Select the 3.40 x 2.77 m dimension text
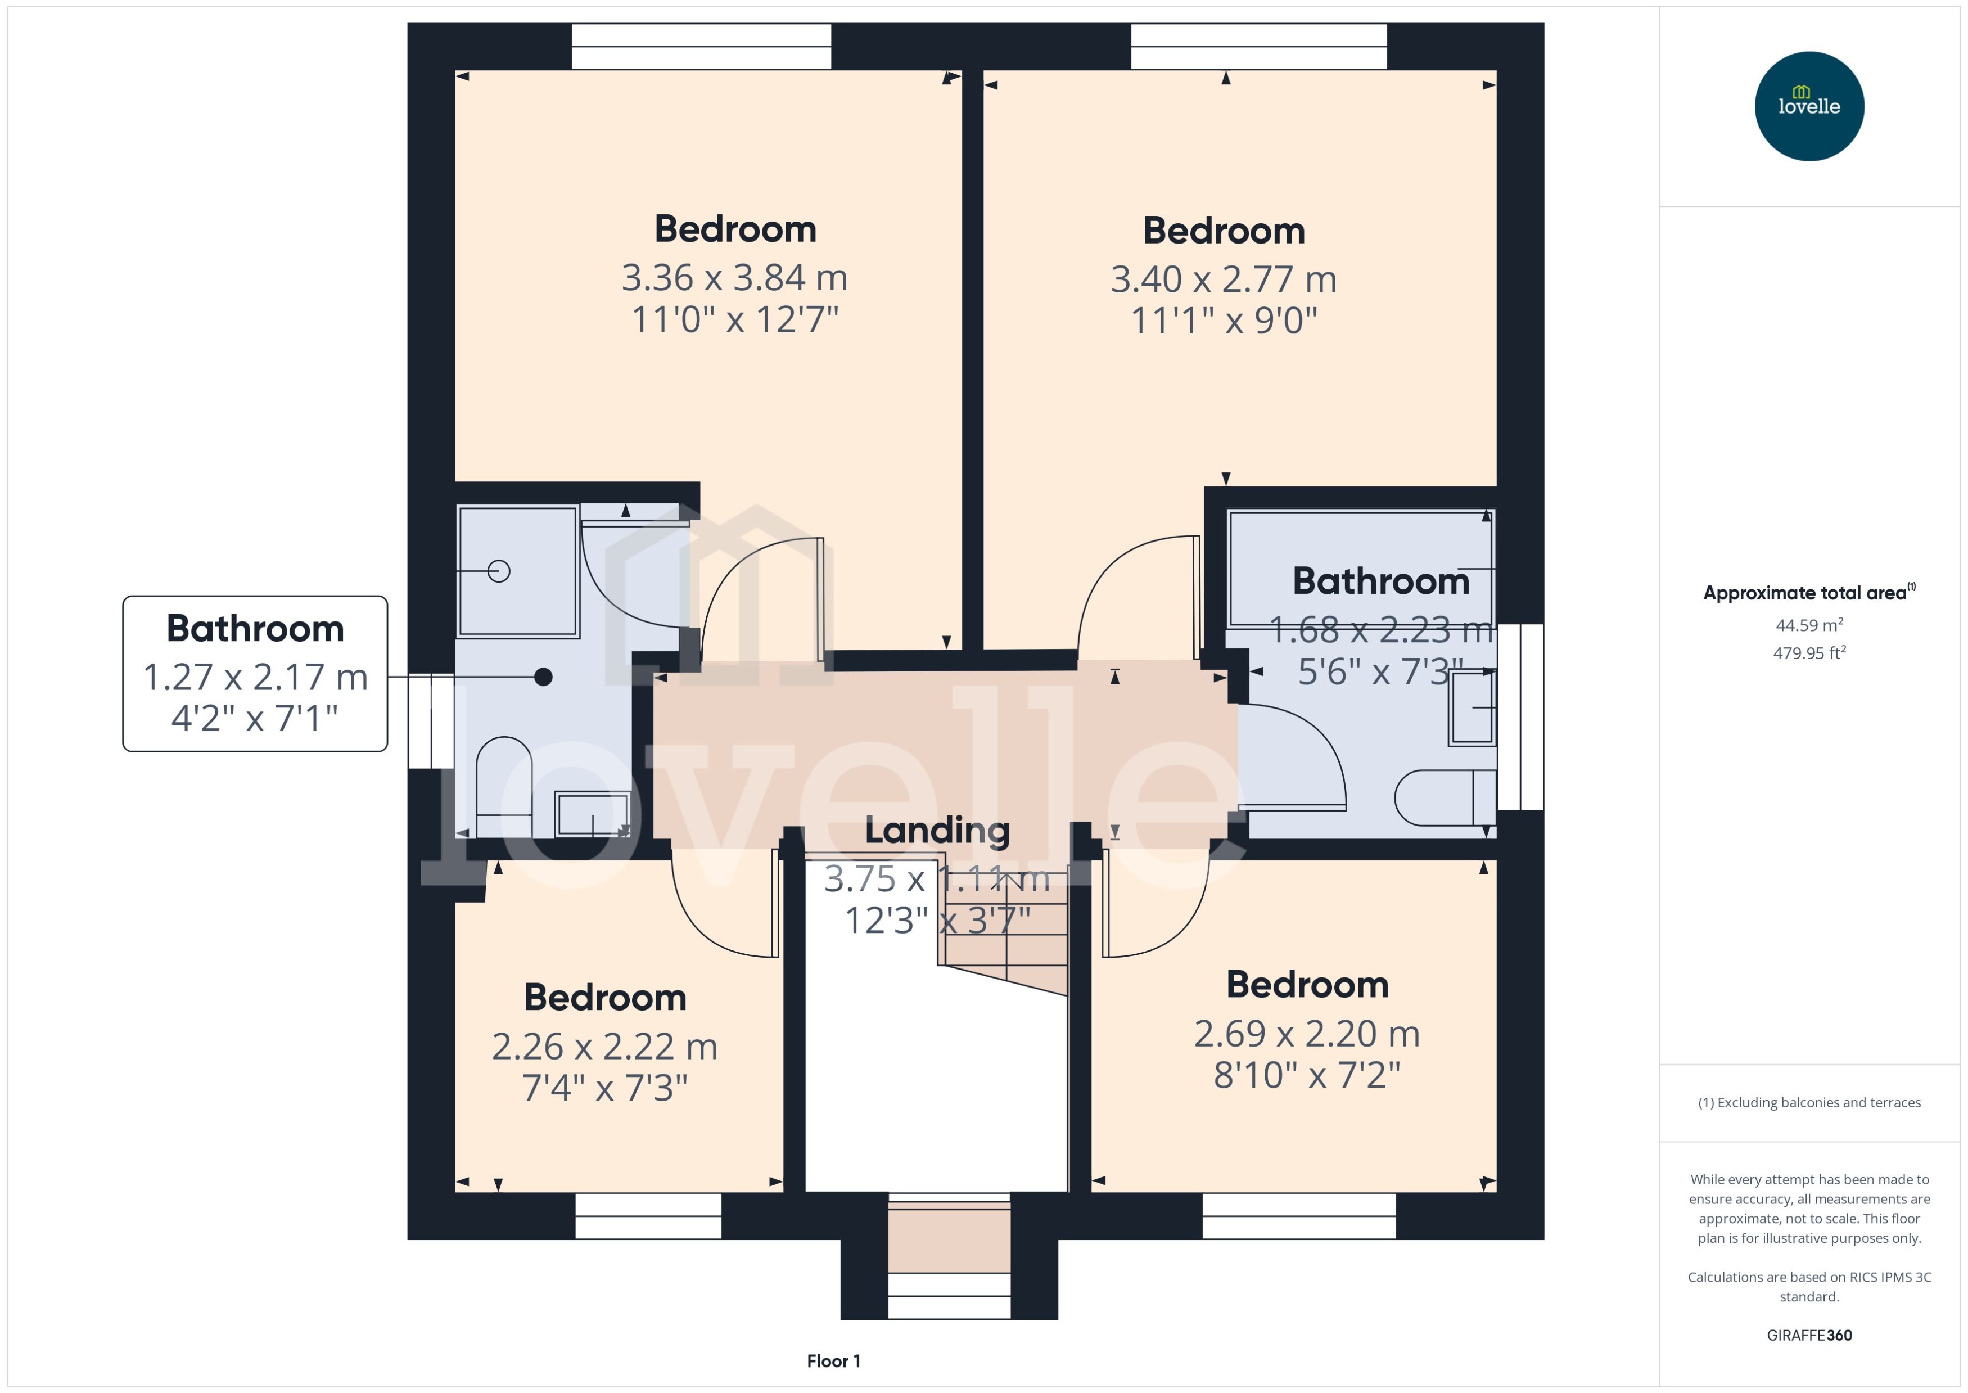click(x=1223, y=279)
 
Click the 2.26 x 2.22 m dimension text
click(x=604, y=1047)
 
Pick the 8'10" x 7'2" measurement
click(x=1306, y=1075)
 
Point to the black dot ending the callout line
click(x=543, y=677)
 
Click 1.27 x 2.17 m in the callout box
click(x=255, y=677)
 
